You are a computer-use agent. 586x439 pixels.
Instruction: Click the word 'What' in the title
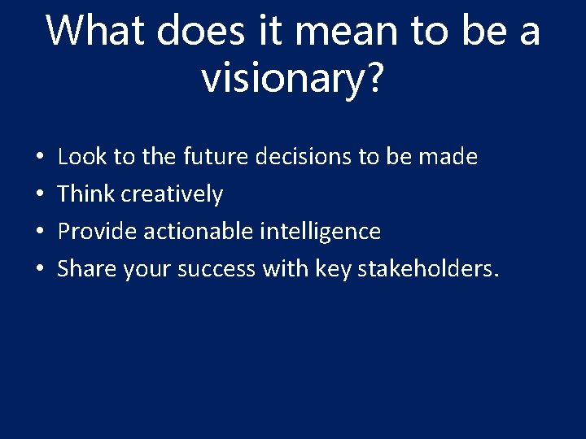pyautogui.click(x=94, y=31)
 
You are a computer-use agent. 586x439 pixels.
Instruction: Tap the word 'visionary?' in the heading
pyautogui.click(x=291, y=78)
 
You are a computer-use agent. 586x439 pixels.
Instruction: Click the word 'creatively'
pyautogui.click(x=172, y=194)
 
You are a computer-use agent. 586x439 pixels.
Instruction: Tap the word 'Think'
pyautogui.click(x=86, y=193)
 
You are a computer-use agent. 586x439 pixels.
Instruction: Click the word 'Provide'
pyautogui.click(x=98, y=232)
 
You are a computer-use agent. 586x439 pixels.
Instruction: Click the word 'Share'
pyautogui.click(x=87, y=269)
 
